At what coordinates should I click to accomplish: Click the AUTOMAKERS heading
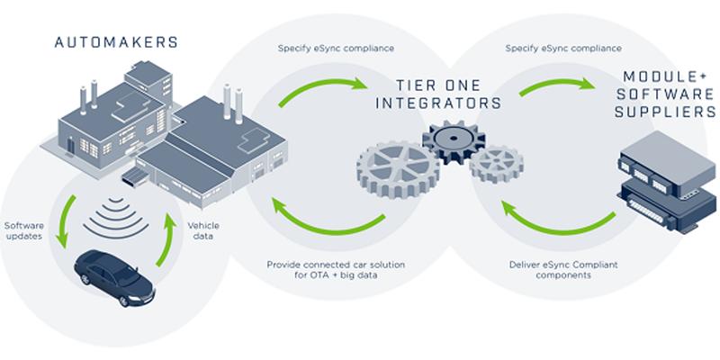116,42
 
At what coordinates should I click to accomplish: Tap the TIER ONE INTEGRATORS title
438,94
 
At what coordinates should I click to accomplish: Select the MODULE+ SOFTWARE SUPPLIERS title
665,94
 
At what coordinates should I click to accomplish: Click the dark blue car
114,278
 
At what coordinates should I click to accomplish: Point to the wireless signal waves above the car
116,218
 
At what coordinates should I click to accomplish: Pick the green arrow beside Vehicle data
166,238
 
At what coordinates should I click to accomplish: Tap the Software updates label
24,230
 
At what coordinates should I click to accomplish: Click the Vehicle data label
203,231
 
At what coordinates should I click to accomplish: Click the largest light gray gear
398,169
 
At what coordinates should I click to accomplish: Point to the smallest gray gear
497,164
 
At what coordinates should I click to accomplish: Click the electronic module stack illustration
667,182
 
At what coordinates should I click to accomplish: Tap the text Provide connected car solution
336,265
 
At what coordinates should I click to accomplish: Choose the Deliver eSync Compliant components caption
563,270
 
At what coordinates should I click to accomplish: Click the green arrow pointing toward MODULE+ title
556,83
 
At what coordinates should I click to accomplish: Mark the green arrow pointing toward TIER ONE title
321,85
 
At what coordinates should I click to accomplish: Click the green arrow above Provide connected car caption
326,220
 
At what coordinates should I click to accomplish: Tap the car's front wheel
123,301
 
